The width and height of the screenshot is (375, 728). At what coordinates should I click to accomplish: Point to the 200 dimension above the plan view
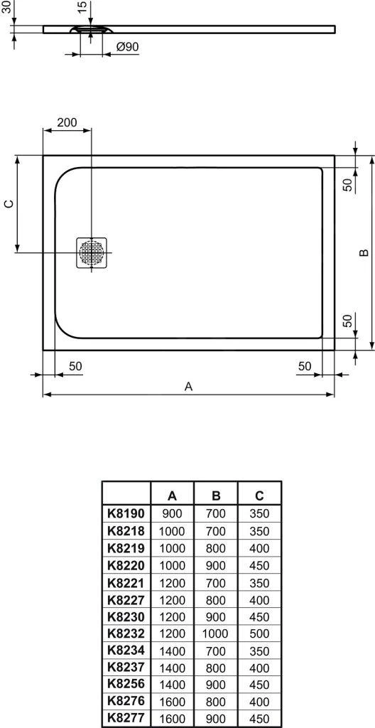(x=67, y=122)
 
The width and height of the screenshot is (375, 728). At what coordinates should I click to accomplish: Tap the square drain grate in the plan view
(x=92, y=252)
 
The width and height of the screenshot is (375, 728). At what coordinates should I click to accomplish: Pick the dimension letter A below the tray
(x=188, y=386)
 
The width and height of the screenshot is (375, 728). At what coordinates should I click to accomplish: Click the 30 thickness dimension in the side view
(x=6, y=10)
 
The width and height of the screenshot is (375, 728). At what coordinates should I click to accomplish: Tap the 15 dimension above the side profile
(x=82, y=9)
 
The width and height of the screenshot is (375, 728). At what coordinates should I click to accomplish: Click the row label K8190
(x=125, y=513)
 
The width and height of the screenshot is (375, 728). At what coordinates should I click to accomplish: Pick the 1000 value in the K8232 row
(x=215, y=632)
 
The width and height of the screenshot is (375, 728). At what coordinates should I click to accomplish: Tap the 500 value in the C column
(x=259, y=632)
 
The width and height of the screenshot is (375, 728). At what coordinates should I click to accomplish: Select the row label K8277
(x=125, y=718)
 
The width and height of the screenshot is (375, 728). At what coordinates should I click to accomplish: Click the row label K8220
(x=125, y=565)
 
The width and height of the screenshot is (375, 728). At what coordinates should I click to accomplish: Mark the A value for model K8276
(x=172, y=701)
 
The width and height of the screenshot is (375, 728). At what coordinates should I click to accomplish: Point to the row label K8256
(x=125, y=684)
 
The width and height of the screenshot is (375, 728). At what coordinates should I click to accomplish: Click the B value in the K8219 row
(x=215, y=548)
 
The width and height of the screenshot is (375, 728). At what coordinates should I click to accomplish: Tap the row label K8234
(x=125, y=650)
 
